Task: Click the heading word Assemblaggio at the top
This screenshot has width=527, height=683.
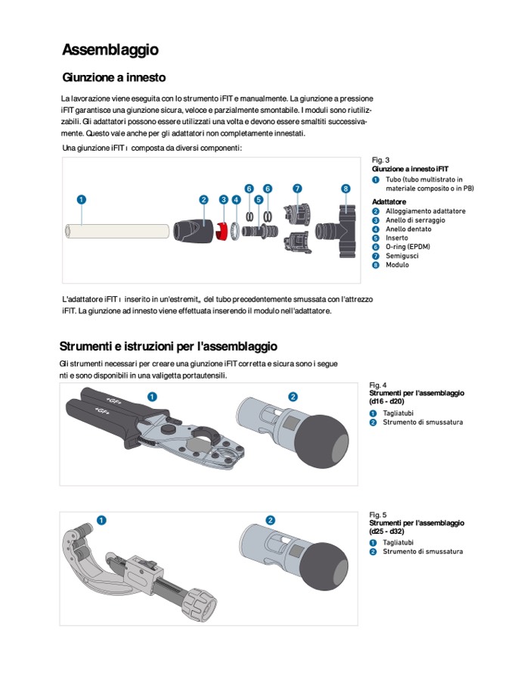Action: coord(110,50)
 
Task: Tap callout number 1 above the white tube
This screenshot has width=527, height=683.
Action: coord(81,199)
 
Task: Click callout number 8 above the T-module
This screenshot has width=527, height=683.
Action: coord(346,188)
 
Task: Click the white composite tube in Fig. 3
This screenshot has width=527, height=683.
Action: coord(117,230)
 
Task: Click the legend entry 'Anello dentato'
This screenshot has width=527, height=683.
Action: coord(408,229)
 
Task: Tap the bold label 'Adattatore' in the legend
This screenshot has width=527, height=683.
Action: coord(389,201)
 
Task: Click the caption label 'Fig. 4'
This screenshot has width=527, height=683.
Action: coord(378,385)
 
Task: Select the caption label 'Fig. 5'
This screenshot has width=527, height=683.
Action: coord(378,515)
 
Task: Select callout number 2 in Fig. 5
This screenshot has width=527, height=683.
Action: coord(271,519)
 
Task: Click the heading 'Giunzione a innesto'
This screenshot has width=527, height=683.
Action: coord(114,77)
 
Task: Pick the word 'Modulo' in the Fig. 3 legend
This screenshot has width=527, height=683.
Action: coord(397,265)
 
